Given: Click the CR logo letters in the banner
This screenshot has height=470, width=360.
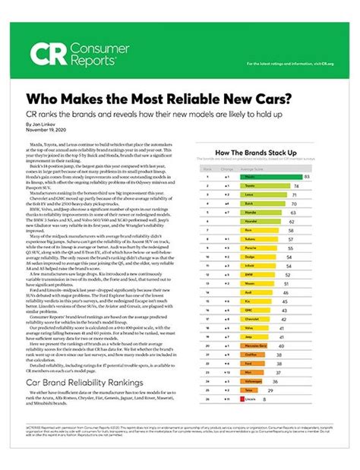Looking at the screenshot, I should (46, 54).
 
